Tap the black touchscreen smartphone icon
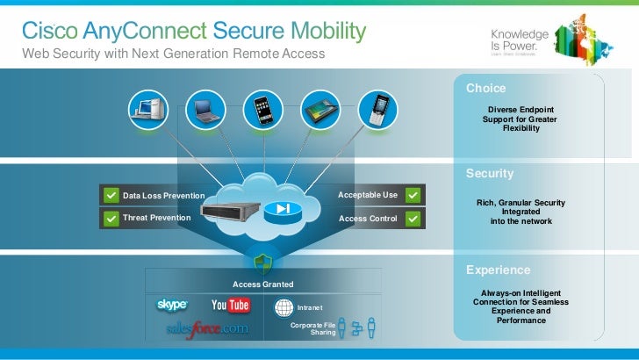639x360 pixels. coord(261,111)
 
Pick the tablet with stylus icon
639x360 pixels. coord(319,111)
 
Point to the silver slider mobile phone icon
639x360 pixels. coord(377,111)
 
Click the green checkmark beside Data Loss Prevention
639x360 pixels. coord(110,195)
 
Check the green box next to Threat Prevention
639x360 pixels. coord(110,218)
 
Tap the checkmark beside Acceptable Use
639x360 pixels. coord(413,195)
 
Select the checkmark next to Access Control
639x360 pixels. coord(413,218)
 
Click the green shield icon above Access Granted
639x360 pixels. coord(262,263)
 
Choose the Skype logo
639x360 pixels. coord(172,305)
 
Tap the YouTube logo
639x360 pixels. coord(231,306)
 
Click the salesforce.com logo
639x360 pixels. coord(207,329)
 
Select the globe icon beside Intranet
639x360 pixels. coord(284,307)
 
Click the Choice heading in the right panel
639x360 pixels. coord(485,89)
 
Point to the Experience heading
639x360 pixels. coord(498,270)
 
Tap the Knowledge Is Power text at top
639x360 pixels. coord(520,39)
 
